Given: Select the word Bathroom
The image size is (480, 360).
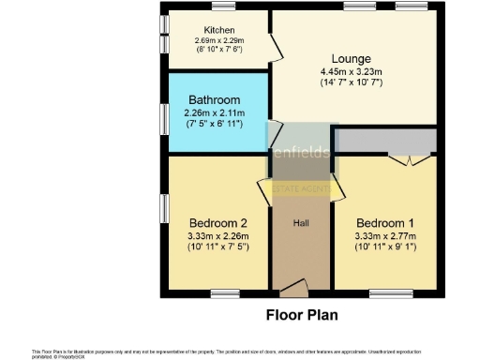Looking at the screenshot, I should [214, 100].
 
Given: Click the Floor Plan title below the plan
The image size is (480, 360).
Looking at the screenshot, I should [302, 315].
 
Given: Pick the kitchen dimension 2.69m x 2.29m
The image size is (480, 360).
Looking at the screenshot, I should [219, 40].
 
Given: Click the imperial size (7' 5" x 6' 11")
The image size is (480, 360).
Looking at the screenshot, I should [214, 124].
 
